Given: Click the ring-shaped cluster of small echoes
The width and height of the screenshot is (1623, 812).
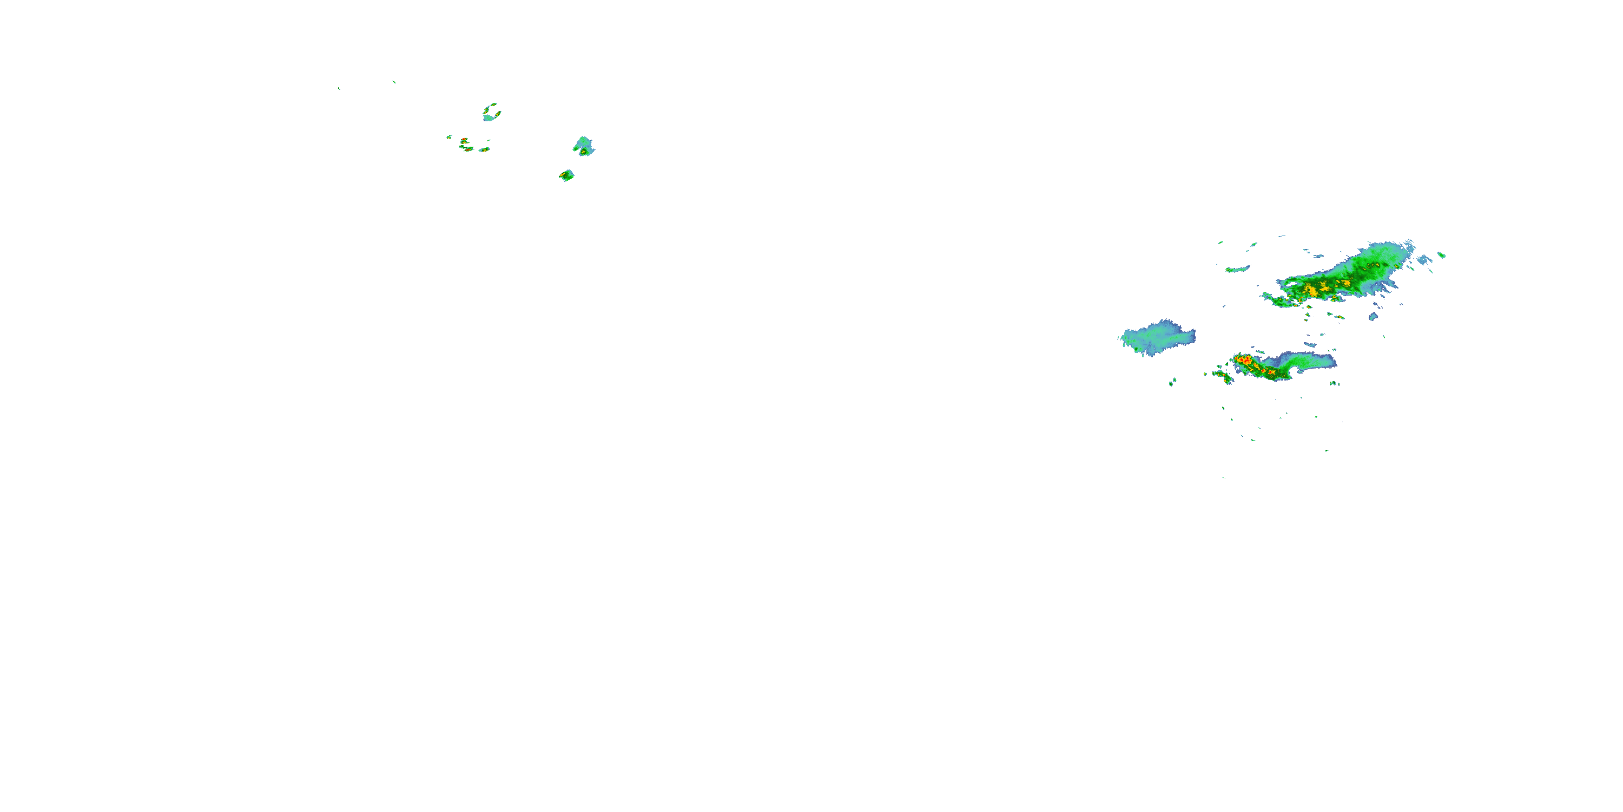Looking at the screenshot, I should click(x=491, y=113).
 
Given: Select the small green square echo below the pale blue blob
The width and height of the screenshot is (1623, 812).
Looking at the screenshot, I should click(x=566, y=175).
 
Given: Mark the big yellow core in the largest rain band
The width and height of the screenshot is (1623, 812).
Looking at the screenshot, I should click(x=1313, y=291).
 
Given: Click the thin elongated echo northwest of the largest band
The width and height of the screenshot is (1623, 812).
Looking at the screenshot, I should click(x=1237, y=270).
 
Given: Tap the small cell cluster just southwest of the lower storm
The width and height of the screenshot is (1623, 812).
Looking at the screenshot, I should click(x=1223, y=376).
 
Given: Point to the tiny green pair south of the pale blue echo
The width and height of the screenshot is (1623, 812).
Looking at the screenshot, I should click(x=1172, y=382).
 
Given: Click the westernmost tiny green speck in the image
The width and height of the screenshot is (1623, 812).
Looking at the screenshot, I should click(x=339, y=88).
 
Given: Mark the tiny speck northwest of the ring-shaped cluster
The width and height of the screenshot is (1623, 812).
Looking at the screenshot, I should click(x=394, y=82).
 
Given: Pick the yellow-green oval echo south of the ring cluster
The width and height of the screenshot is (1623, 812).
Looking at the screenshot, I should click(x=484, y=150).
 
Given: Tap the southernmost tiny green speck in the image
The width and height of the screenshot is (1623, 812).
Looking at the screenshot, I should click(x=1224, y=477).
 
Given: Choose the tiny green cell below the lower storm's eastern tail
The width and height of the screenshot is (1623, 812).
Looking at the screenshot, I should click(x=1334, y=383).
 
